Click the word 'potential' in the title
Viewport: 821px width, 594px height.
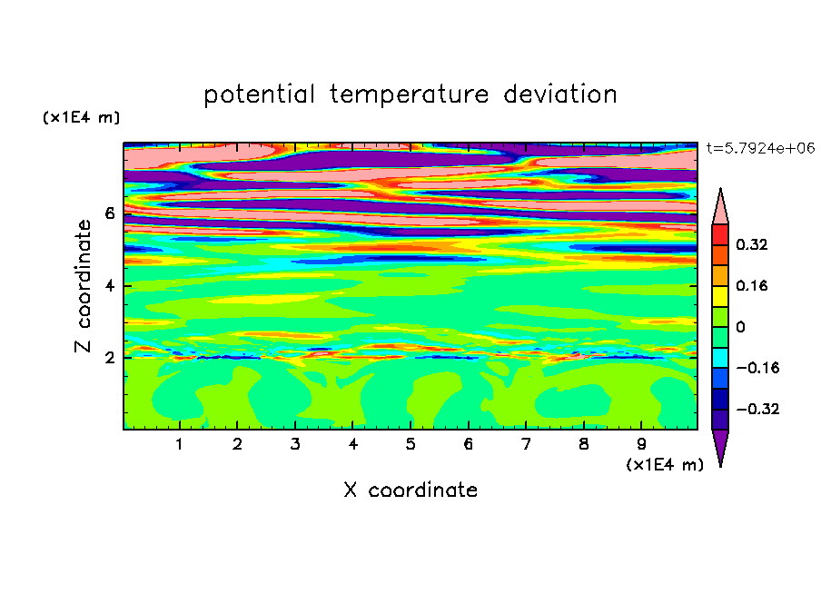click(259, 94)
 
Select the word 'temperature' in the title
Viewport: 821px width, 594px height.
click(410, 94)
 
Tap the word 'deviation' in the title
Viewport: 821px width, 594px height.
click(560, 94)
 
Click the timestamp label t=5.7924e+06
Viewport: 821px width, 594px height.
click(761, 149)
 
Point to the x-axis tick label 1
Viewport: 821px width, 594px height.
click(179, 444)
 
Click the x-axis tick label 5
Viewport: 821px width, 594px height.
click(410, 444)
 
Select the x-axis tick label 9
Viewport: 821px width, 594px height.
click(641, 444)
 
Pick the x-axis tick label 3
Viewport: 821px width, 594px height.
click(295, 444)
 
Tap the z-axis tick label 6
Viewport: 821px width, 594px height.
click(109, 213)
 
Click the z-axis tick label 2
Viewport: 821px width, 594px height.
click(109, 358)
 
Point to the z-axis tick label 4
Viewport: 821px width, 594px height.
click(109, 286)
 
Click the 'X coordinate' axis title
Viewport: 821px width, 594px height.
click(410, 490)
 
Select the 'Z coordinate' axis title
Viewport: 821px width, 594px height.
click(83, 286)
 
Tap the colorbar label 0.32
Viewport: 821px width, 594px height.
click(751, 244)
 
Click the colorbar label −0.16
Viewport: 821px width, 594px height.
click(757, 368)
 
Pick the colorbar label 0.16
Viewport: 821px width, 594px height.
click(751, 285)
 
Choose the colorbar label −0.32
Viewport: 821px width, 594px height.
click(757, 409)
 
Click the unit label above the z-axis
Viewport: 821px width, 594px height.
click(81, 117)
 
